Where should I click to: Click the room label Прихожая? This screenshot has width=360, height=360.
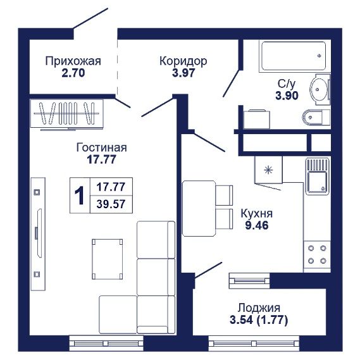[x=73, y=61]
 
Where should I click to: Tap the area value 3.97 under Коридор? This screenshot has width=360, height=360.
[x=183, y=73]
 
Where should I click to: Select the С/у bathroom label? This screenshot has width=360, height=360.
[x=287, y=84]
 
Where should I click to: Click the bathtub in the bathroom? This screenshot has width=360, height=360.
[x=294, y=56]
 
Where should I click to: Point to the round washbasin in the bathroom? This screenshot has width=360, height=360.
[x=320, y=89]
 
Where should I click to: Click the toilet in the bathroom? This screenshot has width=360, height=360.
[x=316, y=118]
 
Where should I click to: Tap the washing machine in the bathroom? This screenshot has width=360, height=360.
[x=257, y=120]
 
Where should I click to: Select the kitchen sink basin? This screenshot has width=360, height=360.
[x=317, y=183]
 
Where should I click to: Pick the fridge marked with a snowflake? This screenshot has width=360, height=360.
[x=268, y=170]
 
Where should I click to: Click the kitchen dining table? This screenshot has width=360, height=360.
[x=199, y=208]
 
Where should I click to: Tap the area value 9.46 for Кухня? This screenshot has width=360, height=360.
[x=257, y=226]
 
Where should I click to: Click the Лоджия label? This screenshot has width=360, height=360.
[x=259, y=308]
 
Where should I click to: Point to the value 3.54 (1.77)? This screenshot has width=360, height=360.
[x=259, y=320]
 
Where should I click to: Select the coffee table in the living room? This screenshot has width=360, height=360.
[x=107, y=259]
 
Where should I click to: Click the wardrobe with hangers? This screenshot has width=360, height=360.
[x=67, y=113]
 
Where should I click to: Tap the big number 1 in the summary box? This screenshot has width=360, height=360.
[x=80, y=196]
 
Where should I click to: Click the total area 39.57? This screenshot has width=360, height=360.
[x=111, y=204]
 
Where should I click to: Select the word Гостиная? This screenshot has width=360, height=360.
[x=101, y=147]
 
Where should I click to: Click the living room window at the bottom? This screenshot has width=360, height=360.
[x=106, y=344]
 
